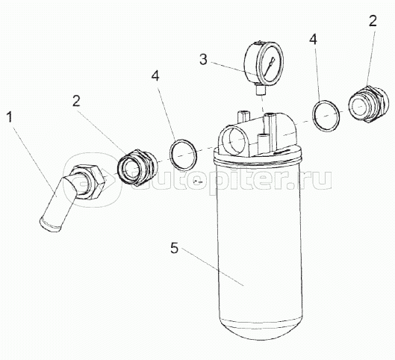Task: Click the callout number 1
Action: coord(10,118)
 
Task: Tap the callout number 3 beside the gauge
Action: coord(203,60)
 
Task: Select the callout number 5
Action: coord(174,248)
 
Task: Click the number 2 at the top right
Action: coord(373,21)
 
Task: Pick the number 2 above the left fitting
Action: coord(76,101)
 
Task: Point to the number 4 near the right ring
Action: coord(314,39)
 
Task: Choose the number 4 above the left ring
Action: coord(155,75)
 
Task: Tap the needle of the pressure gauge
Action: coord(271,63)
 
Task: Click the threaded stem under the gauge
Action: coord(260,90)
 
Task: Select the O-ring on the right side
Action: coord(326,116)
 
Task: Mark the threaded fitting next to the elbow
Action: coord(137,167)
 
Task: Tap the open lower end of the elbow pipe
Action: coord(50,224)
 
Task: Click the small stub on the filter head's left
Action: coord(243,115)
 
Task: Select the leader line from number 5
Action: coord(212,267)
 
